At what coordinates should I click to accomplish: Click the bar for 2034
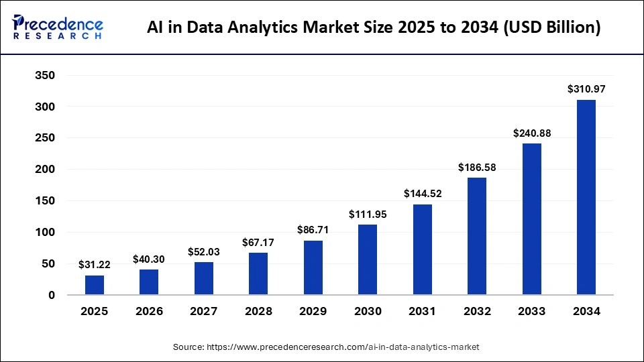[586, 197]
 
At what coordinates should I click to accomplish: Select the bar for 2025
[95, 285]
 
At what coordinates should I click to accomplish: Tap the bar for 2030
[368, 259]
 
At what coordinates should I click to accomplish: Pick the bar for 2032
[477, 236]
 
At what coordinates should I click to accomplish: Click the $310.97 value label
[586, 88]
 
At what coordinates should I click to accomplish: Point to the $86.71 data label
[313, 229]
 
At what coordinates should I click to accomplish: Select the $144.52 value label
[422, 193]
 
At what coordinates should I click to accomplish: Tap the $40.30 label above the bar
[149, 258]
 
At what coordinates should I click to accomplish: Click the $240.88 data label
[531, 133]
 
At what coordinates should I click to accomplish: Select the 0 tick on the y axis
[51, 295]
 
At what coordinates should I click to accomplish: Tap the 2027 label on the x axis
[204, 312]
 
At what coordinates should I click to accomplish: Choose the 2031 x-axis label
[422, 312]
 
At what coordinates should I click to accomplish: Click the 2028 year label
[258, 312]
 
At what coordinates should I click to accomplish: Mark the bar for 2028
[258, 274]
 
